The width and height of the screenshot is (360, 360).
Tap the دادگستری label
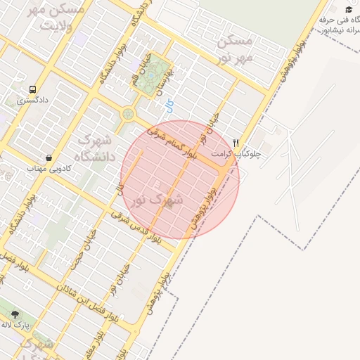(x=32, y=101)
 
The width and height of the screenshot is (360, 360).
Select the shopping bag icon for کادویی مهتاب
(x=48, y=157)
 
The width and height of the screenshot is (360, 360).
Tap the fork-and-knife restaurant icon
(x=236, y=142)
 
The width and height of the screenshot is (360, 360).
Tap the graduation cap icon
(x=349, y=9)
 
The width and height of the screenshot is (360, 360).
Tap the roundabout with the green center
(x=129, y=113)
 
